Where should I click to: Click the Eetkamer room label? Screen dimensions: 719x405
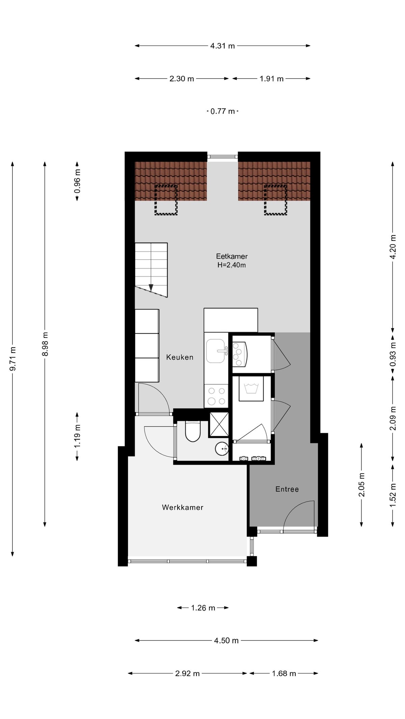(x=232, y=256)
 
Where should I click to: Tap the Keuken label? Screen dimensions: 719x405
(x=180, y=357)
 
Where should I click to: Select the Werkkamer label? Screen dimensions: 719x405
(x=183, y=507)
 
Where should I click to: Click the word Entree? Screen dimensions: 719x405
(x=287, y=489)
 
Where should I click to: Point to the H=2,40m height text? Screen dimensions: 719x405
(x=232, y=265)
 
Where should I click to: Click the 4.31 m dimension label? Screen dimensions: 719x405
(x=222, y=46)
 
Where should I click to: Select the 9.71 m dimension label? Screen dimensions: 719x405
(x=13, y=358)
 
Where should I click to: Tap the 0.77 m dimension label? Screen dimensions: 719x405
(x=222, y=111)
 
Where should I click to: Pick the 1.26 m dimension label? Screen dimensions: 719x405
(x=203, y=608)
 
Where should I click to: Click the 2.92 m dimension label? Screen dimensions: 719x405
(x=187, y=673)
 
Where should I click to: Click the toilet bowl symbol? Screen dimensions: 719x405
(x=193, y=432)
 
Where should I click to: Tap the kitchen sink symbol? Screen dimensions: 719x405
(x=216, y=351)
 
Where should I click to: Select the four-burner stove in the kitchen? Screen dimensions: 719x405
(x=216, y=396)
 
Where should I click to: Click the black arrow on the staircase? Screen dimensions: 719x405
(x=151, y=288)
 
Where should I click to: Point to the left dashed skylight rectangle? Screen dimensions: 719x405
(x=166, y=200)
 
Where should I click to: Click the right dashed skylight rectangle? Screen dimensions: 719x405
(x=275, y=200)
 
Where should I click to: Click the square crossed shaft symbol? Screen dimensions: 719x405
(x=219, y=424)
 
